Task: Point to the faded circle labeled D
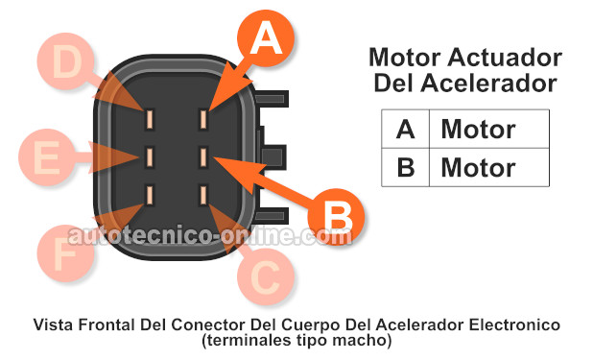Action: (67, 63)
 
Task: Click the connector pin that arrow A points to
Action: (204, 119)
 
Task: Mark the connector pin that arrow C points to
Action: (204, 194)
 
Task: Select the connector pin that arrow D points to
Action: (151, 119)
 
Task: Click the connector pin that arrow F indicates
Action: (151, 194)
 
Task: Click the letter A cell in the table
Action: (405, 129)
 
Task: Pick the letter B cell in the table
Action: (405, 167)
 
